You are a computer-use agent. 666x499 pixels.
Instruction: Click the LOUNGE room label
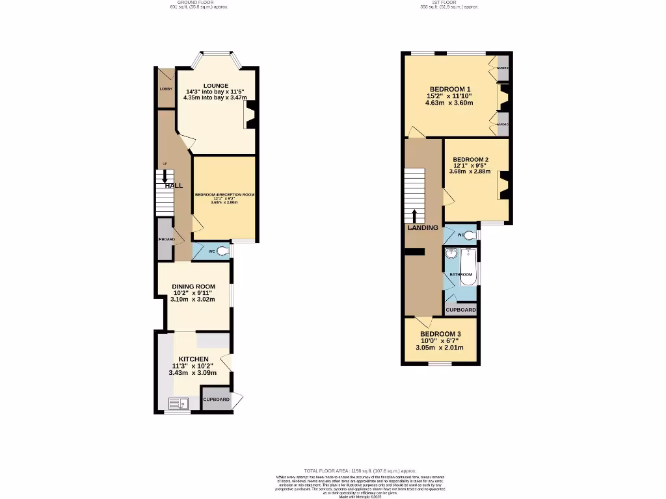(215, 85)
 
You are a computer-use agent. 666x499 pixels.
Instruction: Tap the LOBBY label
(165, 88)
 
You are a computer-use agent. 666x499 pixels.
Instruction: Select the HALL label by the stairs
(173, 186)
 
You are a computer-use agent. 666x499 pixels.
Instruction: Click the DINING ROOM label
(193, 287)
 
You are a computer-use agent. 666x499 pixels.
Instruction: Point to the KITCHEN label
(194, 359)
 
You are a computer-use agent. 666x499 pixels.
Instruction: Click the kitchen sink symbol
(177, 404)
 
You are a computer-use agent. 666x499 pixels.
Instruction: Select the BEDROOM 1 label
(450, 89)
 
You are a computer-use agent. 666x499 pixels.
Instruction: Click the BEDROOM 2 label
(470, 160)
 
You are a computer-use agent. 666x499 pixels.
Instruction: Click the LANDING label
(423, 228)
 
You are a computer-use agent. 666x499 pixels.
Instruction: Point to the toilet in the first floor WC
(469, 235)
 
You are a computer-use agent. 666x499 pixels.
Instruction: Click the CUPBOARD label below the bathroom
(460, 310)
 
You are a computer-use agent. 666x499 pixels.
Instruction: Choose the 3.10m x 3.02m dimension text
(193, 300)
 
